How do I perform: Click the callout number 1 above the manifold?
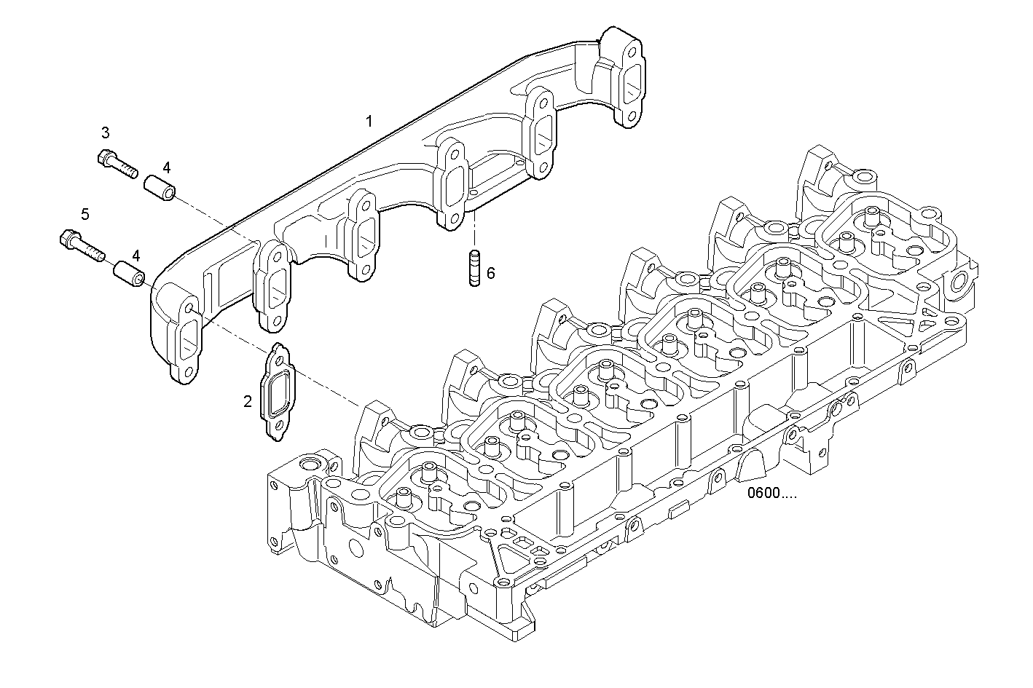(x=369, y=121)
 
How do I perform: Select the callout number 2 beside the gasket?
(x=248, y=400)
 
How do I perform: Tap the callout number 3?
(x=106, y=133)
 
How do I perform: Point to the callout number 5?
(x=85, y=214)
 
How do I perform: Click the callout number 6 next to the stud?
(x=490, y=273)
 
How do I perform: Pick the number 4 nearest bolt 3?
(x=167, y=167)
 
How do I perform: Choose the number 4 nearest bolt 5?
(x=135, y=256)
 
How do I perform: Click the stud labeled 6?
(x=473, y=268)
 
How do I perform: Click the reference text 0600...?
(x=771, y=494)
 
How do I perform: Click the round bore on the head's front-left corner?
(x=310, y=464)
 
